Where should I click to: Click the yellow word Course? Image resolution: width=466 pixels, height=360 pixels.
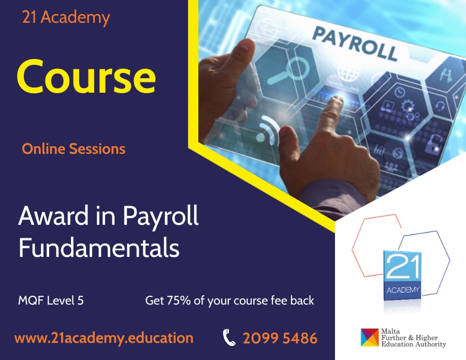86,77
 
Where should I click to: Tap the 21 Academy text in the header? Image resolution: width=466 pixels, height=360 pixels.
66,18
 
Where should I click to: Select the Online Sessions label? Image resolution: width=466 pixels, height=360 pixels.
74,149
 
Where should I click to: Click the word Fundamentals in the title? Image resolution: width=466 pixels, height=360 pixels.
99,248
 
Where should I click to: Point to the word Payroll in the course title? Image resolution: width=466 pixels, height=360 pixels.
161,217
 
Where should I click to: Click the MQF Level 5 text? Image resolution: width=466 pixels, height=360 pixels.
51,300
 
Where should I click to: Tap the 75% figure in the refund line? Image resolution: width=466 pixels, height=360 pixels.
179,300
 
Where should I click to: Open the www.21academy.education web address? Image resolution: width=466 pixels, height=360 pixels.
104,338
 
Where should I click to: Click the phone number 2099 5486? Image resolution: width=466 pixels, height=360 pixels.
280,338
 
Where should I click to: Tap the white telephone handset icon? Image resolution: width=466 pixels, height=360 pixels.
229,337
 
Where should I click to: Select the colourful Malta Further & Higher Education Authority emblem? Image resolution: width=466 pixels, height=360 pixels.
370,337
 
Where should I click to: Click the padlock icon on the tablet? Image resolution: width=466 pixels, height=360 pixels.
433,143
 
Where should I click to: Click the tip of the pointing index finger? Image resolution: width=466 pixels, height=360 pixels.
337,99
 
